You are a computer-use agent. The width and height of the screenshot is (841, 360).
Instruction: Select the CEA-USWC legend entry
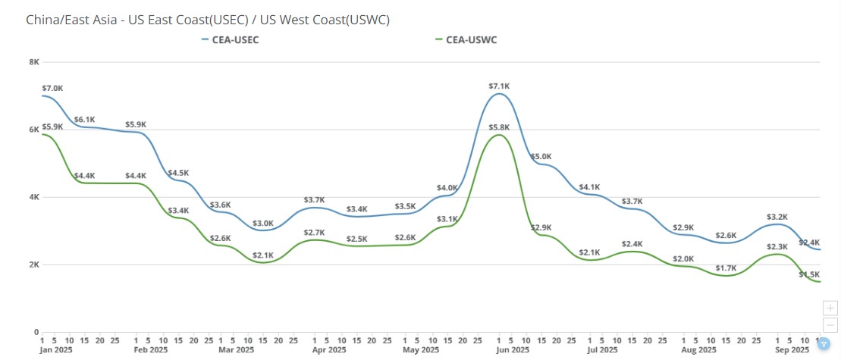(471, 39)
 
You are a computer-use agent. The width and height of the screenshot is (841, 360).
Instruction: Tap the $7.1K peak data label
(500, 86)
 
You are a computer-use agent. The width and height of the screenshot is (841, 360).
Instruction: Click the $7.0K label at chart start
(52, 89)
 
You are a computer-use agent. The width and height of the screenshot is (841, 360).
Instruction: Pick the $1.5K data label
(809, 274)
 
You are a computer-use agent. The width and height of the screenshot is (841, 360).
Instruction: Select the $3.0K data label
(263, 223)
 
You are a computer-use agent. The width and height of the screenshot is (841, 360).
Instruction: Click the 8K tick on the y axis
(34, 62)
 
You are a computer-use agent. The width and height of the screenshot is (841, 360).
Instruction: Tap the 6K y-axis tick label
(34, 130)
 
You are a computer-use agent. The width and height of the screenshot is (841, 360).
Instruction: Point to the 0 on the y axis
(36, 332)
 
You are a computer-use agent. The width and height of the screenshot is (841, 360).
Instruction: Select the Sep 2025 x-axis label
(792, 350)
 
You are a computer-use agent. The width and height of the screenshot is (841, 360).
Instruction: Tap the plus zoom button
(831, 308)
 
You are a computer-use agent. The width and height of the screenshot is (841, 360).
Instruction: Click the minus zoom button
(831, 324)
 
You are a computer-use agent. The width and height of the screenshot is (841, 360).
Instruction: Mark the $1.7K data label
(726, 268)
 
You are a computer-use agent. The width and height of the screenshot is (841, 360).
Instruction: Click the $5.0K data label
(541, 157)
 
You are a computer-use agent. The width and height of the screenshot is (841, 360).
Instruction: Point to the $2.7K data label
(315, 232)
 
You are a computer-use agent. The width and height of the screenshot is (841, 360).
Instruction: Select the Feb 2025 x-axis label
(150, 350)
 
